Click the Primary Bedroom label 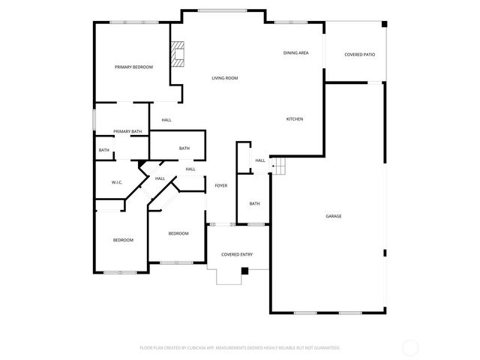tap(133, 67)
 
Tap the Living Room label tap(225, 78)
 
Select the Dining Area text tap(296, 53)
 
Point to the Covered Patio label tap(359, 55)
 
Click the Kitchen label tap(295, 119)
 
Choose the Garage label tap(334, 216)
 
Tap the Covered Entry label tap(236, 254)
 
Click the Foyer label tap(221, 185)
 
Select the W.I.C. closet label tap(117, 182)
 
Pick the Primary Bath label tap(127, 132)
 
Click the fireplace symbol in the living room tap(178, 54)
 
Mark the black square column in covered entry tap(245, 271)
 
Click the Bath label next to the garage tap(255, 203)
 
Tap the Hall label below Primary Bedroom tap(166, 120)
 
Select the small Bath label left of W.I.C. tap(103, 150)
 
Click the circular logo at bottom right tap(410, 347)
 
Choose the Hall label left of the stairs tap(260, 160)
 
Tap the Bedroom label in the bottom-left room tap(123, 240)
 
